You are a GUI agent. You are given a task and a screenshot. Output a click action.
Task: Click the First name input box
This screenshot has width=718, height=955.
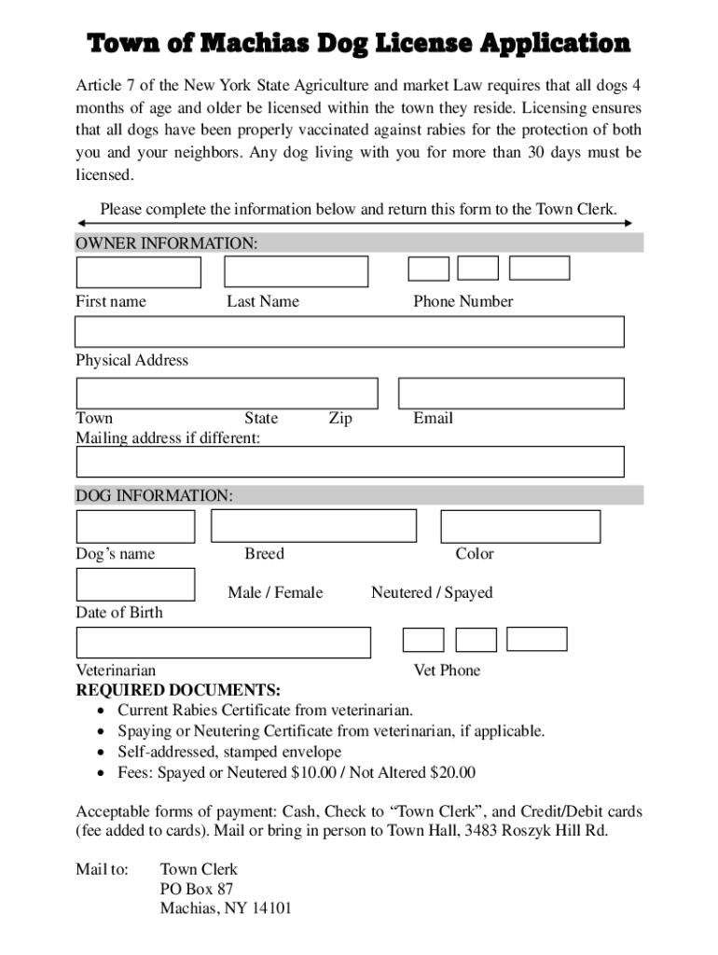tap(138, 271)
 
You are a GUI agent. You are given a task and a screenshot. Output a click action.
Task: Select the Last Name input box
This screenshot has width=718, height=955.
tap(297, 271)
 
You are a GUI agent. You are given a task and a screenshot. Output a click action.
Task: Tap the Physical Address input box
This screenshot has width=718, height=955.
tap(349, 332)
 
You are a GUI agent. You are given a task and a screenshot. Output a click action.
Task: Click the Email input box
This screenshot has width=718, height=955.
tap(511, 393)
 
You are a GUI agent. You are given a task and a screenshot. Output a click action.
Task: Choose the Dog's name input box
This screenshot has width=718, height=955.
tap(135, 526)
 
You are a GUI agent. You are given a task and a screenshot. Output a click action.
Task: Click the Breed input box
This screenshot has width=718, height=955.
tap(313, 526)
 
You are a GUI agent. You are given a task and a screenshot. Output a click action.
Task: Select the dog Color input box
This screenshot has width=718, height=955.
tap(520, 526)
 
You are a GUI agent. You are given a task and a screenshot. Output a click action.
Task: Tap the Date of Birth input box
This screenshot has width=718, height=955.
tap(135, 584)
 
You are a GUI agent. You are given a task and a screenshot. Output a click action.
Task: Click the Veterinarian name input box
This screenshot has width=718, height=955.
tap(223, 643)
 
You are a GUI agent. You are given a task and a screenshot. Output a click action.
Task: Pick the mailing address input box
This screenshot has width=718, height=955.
tap(349, 462)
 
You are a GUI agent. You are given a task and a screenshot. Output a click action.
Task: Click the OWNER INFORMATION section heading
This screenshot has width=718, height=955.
tap(166, 243)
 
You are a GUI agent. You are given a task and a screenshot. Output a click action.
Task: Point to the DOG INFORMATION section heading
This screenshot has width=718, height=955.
tap(154, 496)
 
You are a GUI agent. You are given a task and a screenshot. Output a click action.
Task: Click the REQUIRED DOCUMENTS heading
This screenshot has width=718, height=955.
tap(177, 690)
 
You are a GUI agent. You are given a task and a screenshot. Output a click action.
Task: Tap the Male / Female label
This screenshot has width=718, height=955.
tap(275, 592)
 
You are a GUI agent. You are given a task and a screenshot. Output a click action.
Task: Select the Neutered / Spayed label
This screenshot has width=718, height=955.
tap(432, 592)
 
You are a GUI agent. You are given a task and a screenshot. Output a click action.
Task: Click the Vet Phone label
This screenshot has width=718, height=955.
tap(447, 670)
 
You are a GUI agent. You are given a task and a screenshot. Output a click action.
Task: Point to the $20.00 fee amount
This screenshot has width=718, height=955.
tap(453, 772)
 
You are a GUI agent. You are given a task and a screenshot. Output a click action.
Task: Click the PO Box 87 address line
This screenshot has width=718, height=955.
tap(197, 889)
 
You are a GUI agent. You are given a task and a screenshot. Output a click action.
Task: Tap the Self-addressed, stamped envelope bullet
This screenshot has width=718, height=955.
tap(229, 752)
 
